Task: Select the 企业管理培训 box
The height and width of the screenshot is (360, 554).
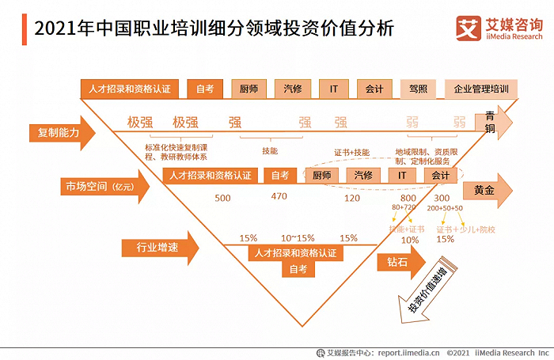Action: [x=480, y=89]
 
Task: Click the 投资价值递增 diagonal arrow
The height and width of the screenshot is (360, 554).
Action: [x=415, y=297]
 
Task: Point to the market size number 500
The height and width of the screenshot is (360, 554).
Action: [x=223, y=198]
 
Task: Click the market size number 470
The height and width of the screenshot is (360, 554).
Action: [x=279, y=197]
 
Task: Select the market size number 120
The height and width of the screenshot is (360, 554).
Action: [x=351, y=198]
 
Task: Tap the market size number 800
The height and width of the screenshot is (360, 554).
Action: [x=408, y=198]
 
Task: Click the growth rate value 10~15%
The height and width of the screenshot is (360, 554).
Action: [x=298, y=237]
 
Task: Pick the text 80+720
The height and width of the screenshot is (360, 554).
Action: [x=403, y=207]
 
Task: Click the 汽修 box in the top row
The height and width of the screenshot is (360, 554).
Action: [x=292, y=89]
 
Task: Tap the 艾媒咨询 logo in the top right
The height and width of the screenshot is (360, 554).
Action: [x=497, y=29]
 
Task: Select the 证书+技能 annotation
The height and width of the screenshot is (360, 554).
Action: [x=347, y=151]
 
